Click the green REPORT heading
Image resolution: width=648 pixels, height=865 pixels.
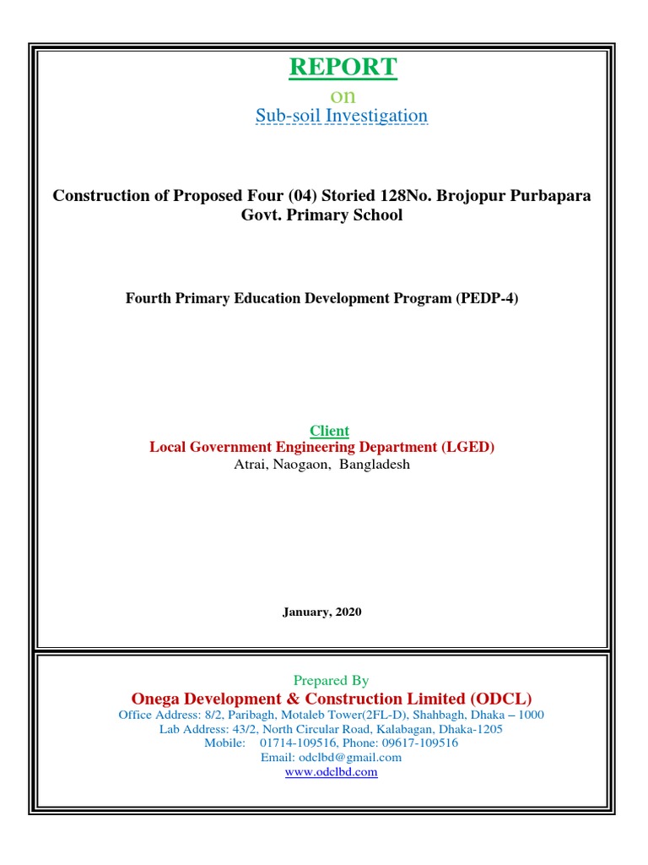[343, 68]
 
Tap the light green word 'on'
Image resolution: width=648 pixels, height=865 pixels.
[343, 95]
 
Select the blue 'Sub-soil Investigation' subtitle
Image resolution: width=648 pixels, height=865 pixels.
[342, 116]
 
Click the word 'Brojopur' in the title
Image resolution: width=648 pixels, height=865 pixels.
[467, 196]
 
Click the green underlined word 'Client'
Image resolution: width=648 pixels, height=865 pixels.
[329, 431]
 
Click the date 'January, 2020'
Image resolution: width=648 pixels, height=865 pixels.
[321, 612]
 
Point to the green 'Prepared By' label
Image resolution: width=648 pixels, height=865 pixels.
[331, 680]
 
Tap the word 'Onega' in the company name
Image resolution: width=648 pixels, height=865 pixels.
[156, 699]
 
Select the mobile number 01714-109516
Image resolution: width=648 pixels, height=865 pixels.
[296, 743]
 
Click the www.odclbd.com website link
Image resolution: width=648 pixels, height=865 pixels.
[331, 771]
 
